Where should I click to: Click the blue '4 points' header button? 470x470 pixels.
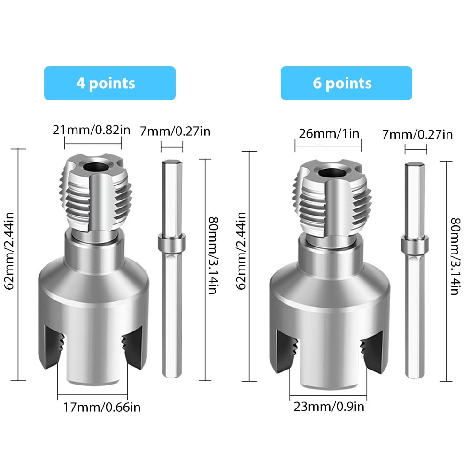(110, 83)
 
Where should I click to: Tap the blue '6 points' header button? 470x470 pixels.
(346, 83)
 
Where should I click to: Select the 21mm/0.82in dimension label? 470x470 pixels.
(92, 130)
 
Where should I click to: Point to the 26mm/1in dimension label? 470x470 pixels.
(329, 133)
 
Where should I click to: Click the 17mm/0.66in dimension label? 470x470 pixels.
(101, 408)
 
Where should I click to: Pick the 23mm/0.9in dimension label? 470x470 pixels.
(329, 407)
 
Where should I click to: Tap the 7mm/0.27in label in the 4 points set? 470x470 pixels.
(175, 131)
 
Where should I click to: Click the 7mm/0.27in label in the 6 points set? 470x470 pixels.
(417, 135)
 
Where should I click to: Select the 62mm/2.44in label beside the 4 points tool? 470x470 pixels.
(9, 251)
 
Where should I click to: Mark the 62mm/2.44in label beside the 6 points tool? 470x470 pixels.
(240, 251)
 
